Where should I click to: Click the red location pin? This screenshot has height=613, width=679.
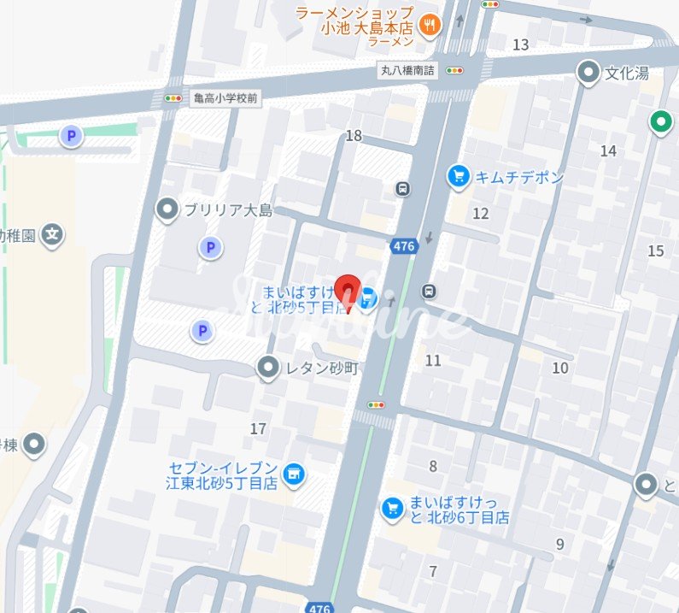[x=347, y=290]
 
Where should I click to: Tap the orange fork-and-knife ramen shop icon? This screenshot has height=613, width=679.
[x=430, y=24]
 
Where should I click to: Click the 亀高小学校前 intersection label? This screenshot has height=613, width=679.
[x=225, y=98]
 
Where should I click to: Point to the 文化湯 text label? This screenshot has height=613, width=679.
[x=627, y=74]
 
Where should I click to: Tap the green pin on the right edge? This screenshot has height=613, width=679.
[x=659, y=122]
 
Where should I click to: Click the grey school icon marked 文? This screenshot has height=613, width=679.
[x=53, y=233]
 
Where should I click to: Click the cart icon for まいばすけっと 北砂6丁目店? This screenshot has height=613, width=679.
[x=392, y=509]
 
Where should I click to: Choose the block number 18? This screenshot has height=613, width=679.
[x=354, y=136]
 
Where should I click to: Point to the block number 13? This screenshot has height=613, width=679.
[x=520, y=44]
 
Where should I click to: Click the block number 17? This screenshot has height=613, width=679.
[x=258, y=428]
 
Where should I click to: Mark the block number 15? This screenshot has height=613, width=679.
[x=656, y=251]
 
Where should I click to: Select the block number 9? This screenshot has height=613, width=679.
[x=559, y=544]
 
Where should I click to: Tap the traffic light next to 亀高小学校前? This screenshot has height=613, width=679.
[x=173, y=98]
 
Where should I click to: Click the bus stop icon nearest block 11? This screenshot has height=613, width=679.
[x=429, y=292]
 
